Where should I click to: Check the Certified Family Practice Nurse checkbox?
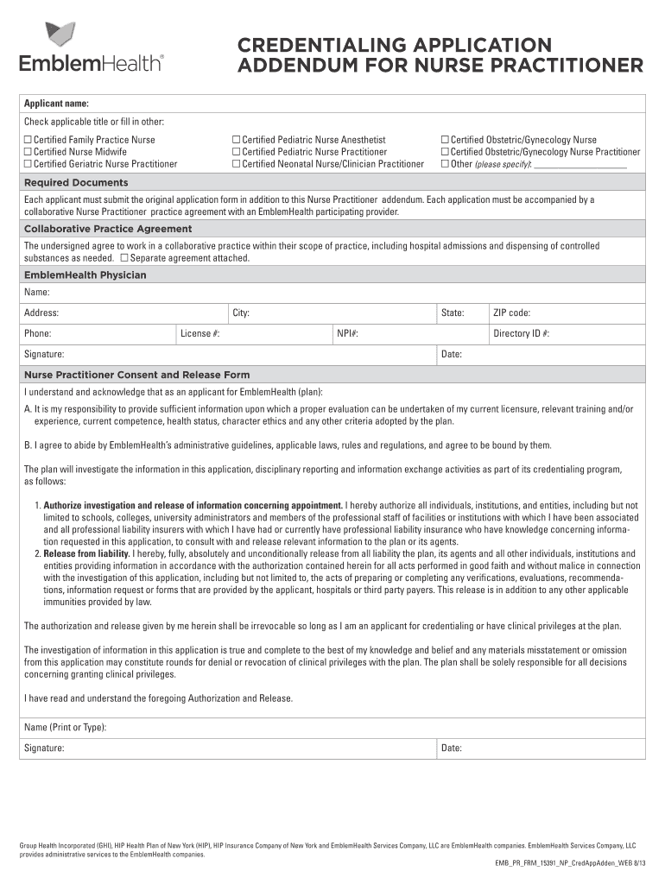(28, 140)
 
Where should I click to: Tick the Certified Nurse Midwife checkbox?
(28, 152)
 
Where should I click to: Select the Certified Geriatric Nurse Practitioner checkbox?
(28, 164)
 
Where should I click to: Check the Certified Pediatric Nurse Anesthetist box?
(236, 140)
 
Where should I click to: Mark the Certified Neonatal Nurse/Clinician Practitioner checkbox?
(236, 164)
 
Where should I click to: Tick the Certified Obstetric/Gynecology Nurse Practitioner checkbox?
(445, 152)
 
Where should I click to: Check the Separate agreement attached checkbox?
(125, 258)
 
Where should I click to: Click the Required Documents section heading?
(76, 183)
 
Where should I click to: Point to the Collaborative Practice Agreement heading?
(108, 229)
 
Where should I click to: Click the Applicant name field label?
(56, 104)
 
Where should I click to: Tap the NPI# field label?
(347, 333)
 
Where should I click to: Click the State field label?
(453, 313)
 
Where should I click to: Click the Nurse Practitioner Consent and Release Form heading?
(136, 375)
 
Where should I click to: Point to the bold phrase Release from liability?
(86, 553)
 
